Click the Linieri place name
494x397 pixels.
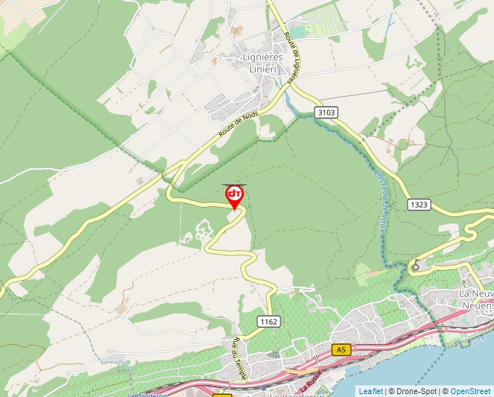click(x=263, y=68)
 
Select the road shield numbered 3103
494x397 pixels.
click(x=327, y=112)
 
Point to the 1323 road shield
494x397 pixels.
click(x=418, y=205)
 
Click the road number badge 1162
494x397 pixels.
click(x=269, y=321)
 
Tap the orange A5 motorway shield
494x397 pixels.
click(x=342, y=350)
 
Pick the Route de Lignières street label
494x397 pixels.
click(x=293, y=56)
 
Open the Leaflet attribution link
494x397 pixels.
click(x=370, y=391)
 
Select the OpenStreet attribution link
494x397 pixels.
click(x=471, y=391)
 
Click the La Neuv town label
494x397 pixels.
click(x=476, y=292)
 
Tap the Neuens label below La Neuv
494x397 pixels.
click(x=477, y=305)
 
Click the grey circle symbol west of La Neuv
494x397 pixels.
click(x=416, y=266)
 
